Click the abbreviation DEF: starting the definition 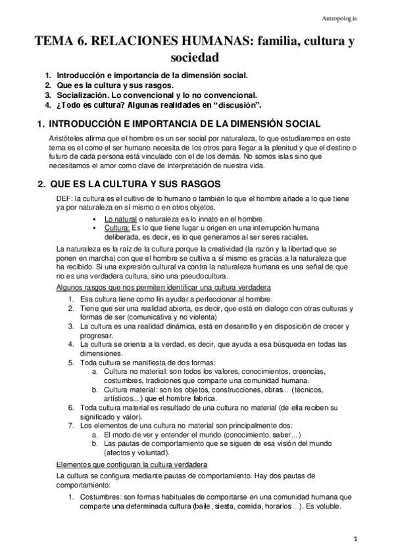pyautogui.click(x=66, y=199)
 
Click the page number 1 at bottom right pyautogui.click(x=354, y=540)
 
